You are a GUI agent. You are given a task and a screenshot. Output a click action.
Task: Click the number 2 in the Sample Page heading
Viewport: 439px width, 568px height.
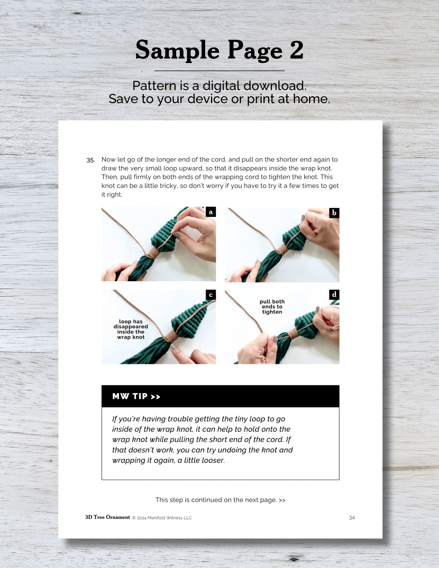click(296, 50)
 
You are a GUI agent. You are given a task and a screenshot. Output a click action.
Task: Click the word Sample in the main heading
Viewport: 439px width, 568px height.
click(177, 50)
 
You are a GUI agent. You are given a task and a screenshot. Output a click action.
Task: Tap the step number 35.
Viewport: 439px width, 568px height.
click(91, 160)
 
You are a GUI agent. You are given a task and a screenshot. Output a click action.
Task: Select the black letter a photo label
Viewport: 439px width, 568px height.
click(211, 212)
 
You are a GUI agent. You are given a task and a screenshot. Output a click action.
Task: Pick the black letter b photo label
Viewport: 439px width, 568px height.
click(334, 213)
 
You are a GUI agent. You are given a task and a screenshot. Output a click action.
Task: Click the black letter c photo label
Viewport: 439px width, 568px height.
click(211, 295)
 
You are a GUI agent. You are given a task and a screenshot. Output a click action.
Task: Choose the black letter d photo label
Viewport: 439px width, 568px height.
click(334, 295)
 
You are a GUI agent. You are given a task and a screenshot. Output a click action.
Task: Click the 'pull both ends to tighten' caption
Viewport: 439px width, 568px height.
click(272, 307)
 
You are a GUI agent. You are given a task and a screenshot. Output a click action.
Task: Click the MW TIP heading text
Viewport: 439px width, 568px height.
click(136, 396)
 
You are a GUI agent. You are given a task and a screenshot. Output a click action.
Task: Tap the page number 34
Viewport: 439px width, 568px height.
click(352, 518)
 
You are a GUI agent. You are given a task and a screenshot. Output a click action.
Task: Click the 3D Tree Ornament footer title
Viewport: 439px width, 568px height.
click(107, 517)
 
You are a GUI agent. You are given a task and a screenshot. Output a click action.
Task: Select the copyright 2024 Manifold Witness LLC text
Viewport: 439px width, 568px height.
click(162, 518)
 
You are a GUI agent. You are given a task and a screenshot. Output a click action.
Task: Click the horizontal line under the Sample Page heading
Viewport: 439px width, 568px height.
click(219, 71)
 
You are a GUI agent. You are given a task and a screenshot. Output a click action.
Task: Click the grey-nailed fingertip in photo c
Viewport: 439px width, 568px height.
click(173, 347)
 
